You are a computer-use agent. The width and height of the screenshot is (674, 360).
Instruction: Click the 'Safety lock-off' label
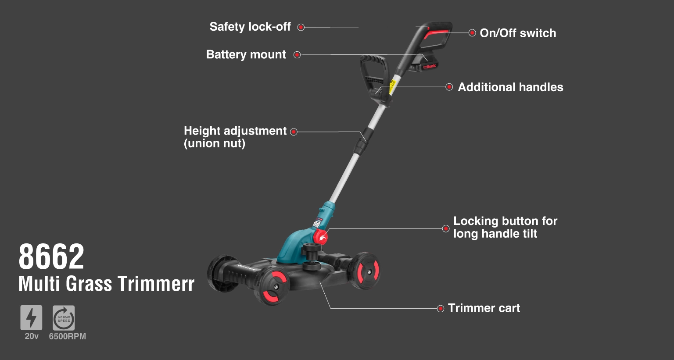click(x=250, y=27)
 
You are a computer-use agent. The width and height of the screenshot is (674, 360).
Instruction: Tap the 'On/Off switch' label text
click(x=518, y=33)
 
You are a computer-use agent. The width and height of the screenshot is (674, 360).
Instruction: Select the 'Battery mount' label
click(x=246, y=55)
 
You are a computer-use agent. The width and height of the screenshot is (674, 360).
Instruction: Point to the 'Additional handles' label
click(x=510, y=87)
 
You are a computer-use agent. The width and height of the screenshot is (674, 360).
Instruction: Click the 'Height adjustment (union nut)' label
click(x=235, y=137)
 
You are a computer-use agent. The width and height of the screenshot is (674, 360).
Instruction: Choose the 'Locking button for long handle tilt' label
click(x=505, y=227)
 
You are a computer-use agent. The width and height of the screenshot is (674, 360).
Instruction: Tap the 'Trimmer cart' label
click(x=484, y=308)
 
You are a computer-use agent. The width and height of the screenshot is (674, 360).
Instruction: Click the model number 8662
click(x=51, y=257)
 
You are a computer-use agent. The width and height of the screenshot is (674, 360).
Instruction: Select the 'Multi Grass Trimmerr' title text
click(x=106, y=284)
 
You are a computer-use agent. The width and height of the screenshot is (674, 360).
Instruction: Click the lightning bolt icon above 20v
click(x=31, y=318)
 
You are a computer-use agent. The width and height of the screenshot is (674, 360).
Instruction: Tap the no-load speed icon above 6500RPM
click(x=64, y=318)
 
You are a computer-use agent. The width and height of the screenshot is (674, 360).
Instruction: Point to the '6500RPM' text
click(x=67, y=336)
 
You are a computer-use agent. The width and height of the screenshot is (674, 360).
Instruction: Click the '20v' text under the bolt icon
click(x=32, y=336)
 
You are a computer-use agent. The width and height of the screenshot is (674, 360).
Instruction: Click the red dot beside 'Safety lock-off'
click(x=301, y=27)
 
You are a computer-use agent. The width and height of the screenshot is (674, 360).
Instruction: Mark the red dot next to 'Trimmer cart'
click(x=441, y=309)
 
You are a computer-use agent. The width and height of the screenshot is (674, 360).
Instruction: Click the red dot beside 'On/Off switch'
click(x=472, y=33)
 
